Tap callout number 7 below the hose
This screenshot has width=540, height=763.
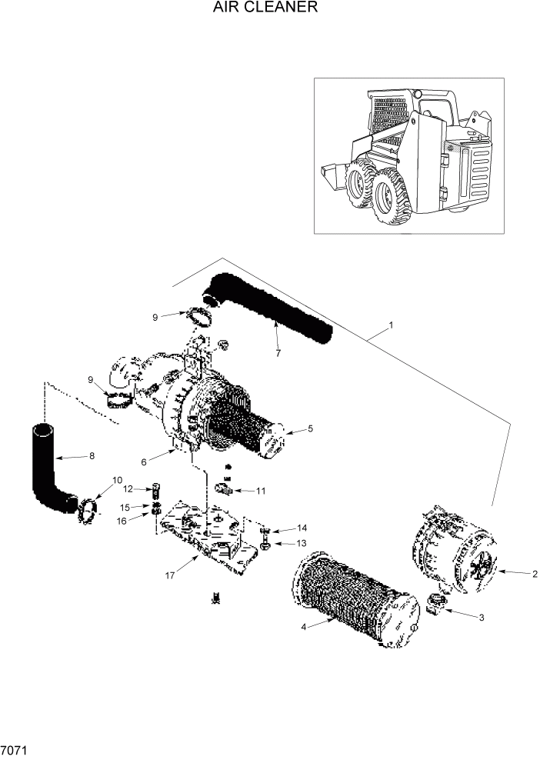click(x=279, y=353)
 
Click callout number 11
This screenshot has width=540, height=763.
click(x=262, y=490)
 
